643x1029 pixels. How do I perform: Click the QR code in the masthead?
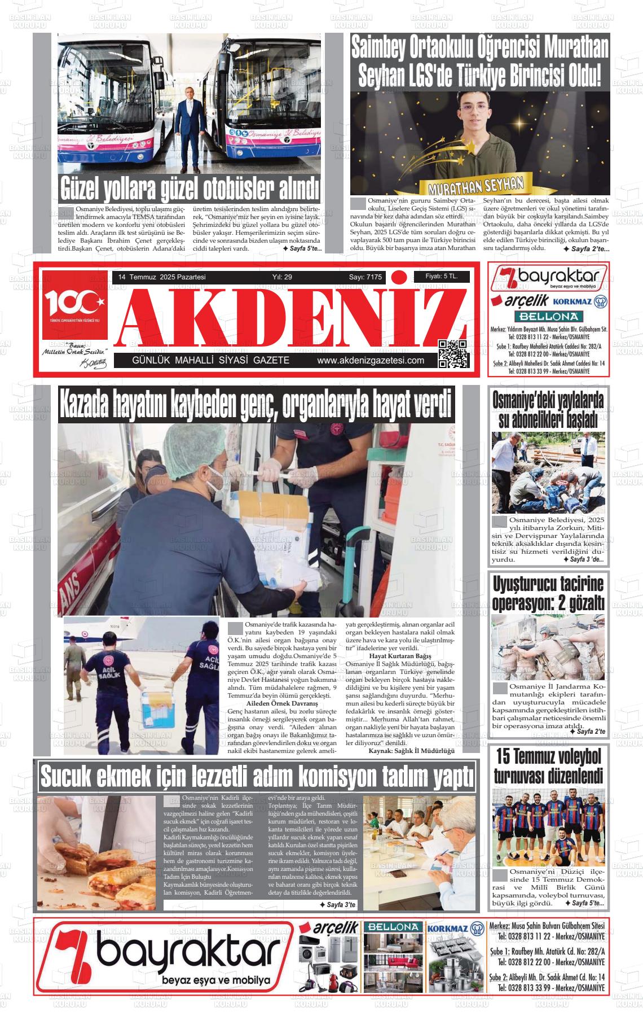453,354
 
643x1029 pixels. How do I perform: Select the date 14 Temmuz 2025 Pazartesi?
161,277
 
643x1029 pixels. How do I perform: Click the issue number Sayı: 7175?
365,277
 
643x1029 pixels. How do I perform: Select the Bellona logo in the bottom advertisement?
393,927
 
